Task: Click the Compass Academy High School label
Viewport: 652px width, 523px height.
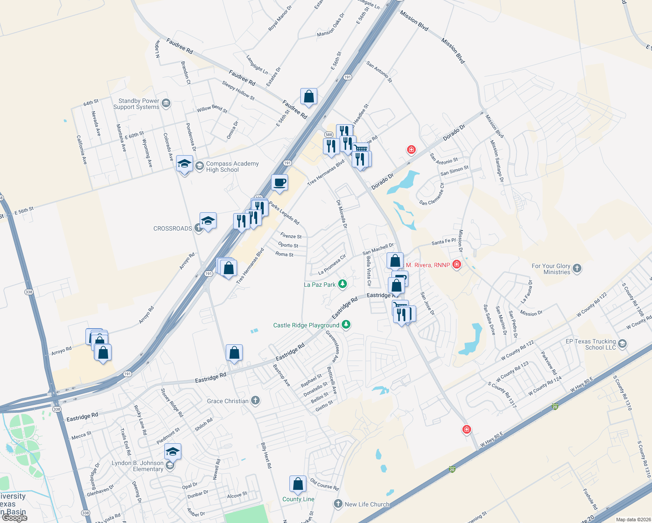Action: tap(232, 166)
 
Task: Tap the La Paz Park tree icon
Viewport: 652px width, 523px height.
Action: tap(343, 284)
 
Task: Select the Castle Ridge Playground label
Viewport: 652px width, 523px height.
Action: tap(306, 325)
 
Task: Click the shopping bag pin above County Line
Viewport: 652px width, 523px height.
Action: tap(298, 484)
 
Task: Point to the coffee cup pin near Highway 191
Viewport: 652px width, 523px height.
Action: tap(279, 182)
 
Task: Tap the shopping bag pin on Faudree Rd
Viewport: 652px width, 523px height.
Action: tap(309, 96)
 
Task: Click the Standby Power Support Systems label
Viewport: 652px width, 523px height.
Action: tap(136, 104)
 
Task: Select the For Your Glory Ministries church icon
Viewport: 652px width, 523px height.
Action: tap(577, 268)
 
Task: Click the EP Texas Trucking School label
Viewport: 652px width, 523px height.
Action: tap(591, 344)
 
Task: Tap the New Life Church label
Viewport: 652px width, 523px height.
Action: tap(367, 504)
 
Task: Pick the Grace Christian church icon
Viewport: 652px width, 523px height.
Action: tap(255, 401)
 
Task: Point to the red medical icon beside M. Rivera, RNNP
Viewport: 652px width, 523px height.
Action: tap(456, 264)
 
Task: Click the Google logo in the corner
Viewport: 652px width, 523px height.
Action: tap(14, 517)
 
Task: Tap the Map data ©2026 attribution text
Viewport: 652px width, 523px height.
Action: tap(632, 520)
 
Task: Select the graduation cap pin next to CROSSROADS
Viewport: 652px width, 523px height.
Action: tap(208, 221)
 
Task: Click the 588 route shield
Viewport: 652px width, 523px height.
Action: tap(329, 135)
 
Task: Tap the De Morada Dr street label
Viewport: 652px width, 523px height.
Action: tap(342, 214)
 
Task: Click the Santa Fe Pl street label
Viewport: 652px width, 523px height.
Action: tap(443, 241)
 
